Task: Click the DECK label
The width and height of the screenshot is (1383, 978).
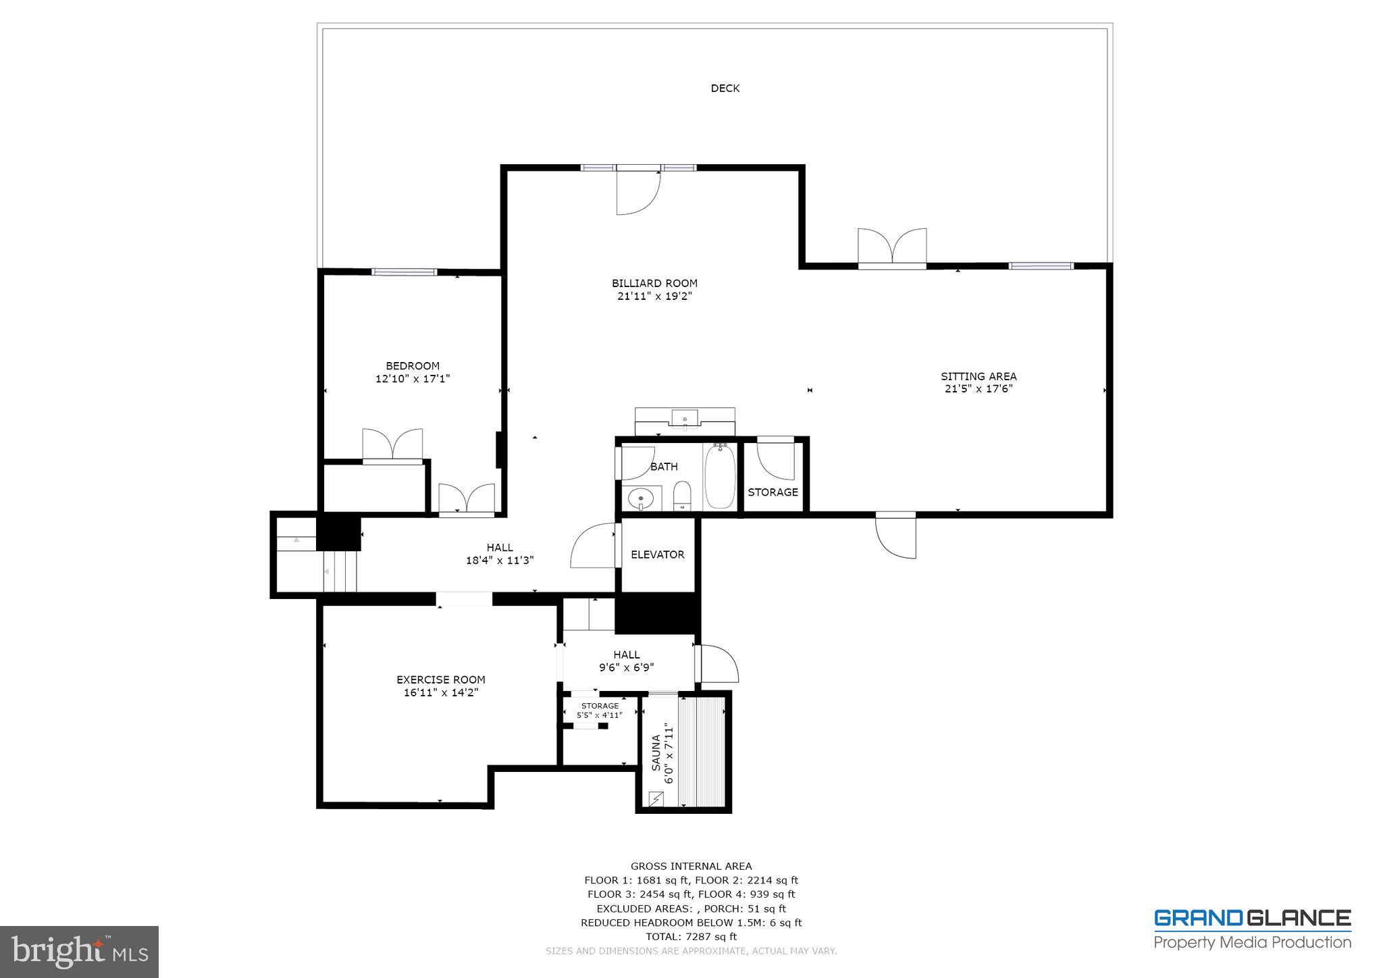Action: (725, 88)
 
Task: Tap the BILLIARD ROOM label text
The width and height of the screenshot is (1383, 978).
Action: (654, 284)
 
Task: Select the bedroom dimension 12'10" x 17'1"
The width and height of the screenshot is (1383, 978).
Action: (413, 379)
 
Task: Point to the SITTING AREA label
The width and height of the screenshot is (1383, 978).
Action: (978, 377)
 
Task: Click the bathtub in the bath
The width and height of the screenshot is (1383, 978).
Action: (720, 477)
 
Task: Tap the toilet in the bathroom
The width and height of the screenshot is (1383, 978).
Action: (682, 496)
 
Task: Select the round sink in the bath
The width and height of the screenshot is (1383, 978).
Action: (640, 499)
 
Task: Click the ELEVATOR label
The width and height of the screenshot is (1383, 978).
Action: (658, 555)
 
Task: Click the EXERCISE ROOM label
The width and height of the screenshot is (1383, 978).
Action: (440, 680)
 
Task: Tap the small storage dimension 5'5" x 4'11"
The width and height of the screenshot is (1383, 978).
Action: (599, 715)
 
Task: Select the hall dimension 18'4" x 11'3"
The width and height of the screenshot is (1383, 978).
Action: (500, 561)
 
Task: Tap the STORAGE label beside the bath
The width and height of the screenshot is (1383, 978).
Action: (773, 492)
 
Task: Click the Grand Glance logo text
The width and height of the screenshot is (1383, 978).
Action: (1252, 919)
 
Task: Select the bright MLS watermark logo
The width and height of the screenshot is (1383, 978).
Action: (79, 952)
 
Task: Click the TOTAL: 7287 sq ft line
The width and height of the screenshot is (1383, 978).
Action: (691, 937)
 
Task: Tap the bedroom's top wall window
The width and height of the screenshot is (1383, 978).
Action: (405, 272)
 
